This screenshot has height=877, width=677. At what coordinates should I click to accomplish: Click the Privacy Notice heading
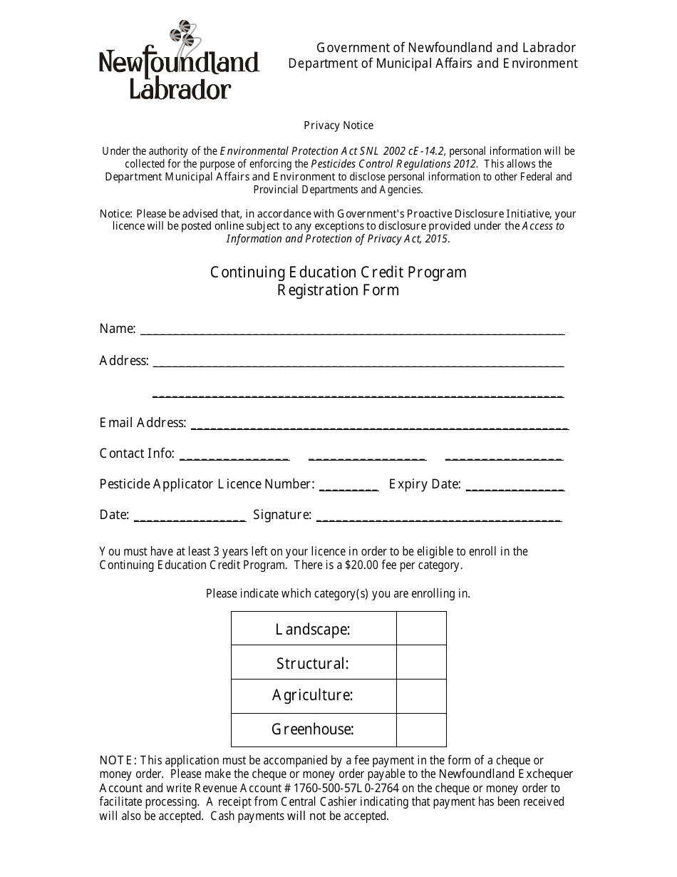coord(338,125)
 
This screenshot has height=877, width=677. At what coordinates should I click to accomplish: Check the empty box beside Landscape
coord(421,629)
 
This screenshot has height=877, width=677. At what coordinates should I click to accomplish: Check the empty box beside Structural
coord(421,662)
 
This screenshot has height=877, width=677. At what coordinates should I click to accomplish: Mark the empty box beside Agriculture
coord(421,696)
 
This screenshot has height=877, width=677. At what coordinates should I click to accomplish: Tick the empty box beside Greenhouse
coord(421,729)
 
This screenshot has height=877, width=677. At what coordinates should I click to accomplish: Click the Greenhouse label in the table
coord(313,729)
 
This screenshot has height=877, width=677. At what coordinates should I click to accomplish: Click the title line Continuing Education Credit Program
coord(338,272)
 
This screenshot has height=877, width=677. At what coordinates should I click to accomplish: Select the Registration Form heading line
coord(338,290)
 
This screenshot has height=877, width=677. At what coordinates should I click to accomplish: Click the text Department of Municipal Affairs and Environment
coord(433,63)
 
